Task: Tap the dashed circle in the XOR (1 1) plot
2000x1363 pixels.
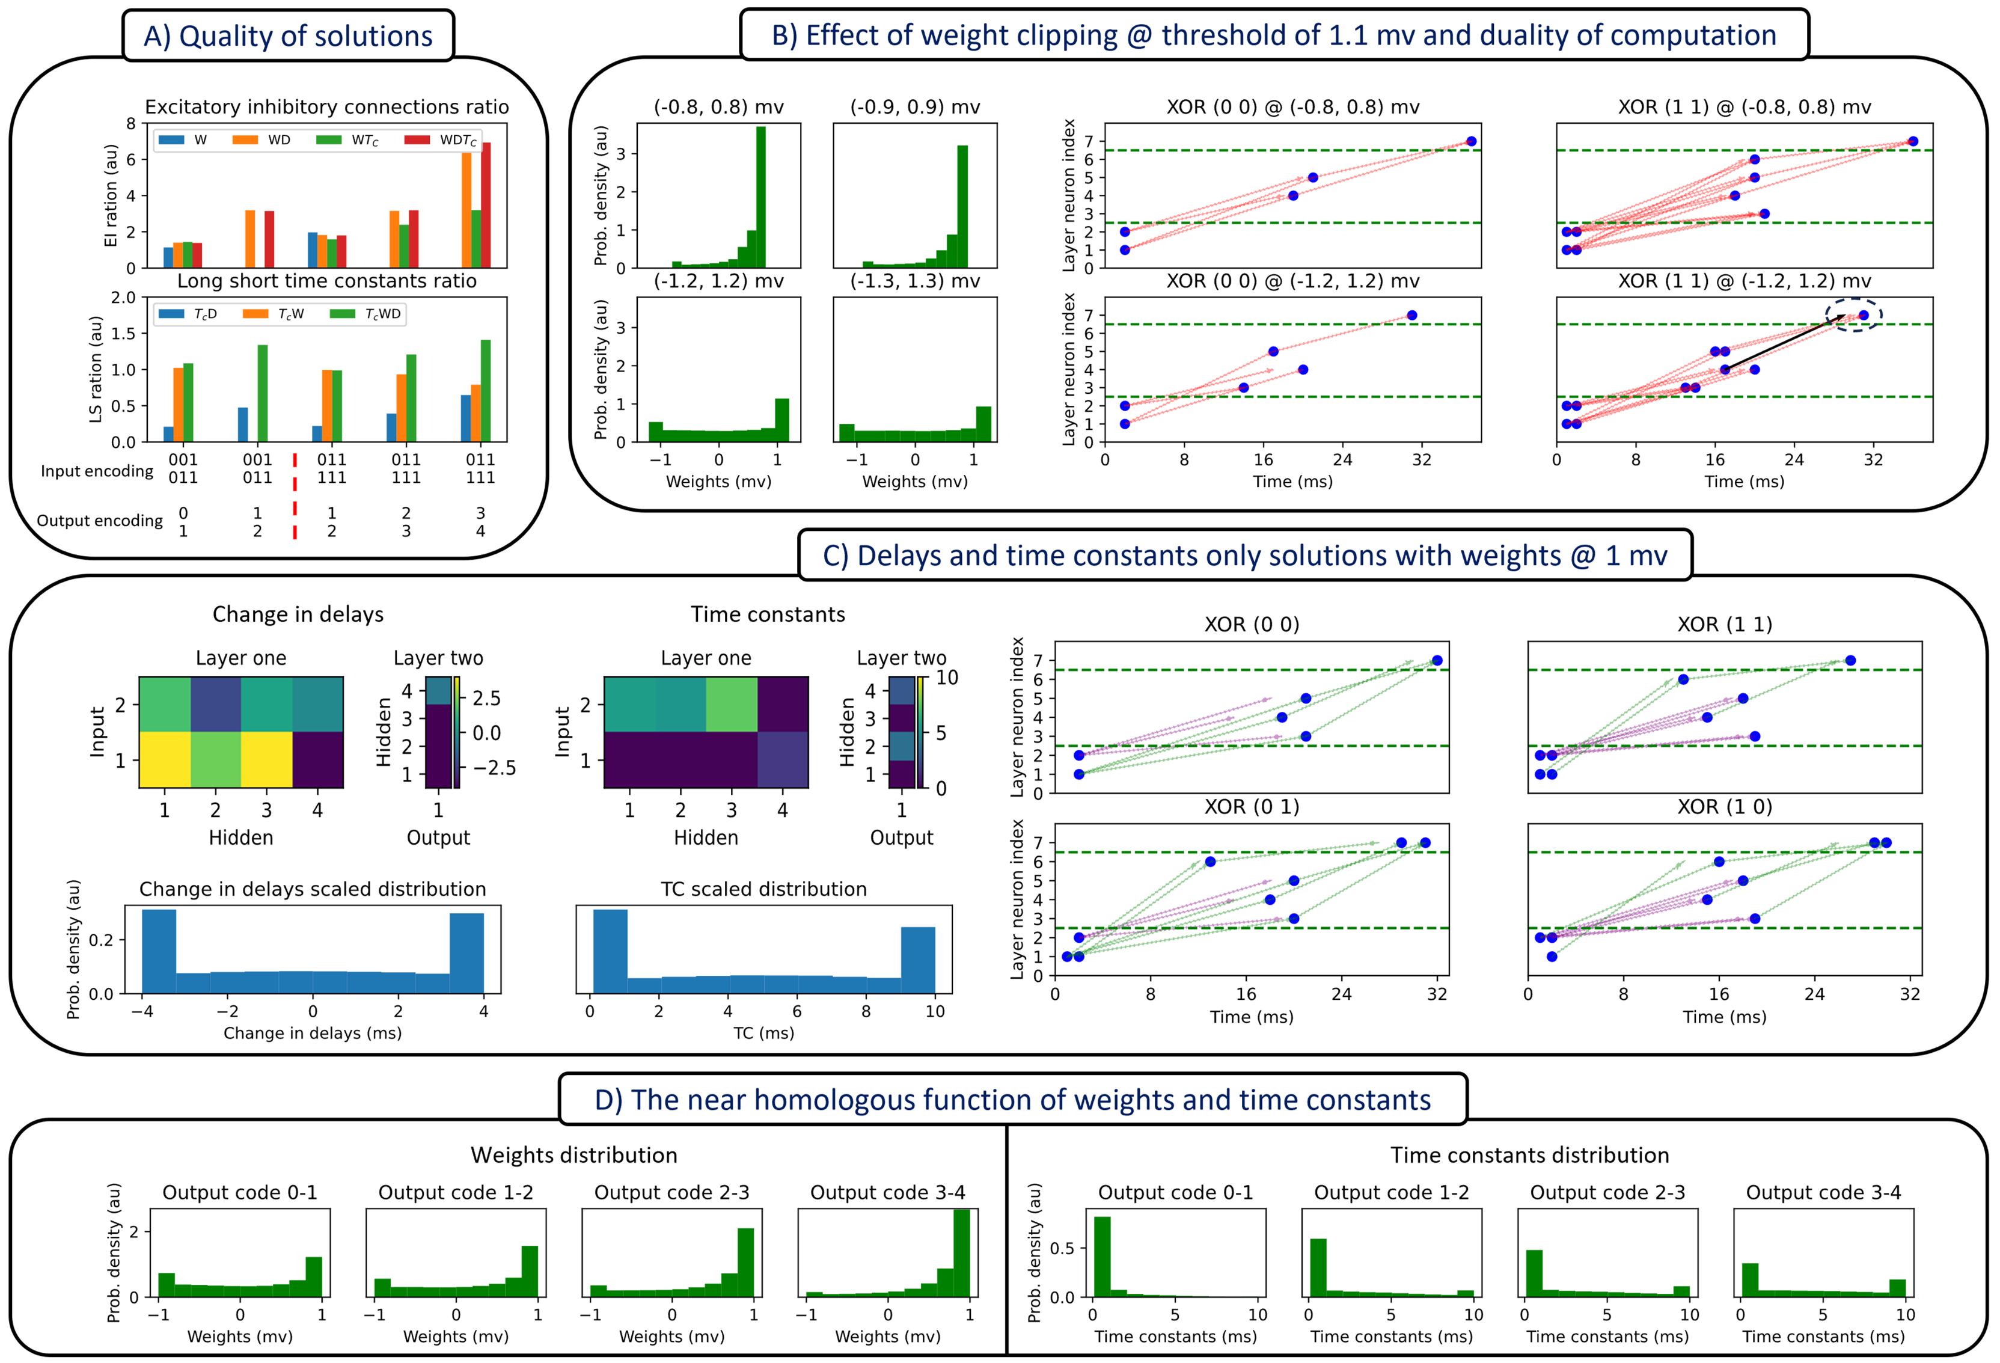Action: pos(1855,315)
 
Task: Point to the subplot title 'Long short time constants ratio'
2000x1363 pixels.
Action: pos(326,281)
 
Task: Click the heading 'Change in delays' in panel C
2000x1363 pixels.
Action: pos(298,614)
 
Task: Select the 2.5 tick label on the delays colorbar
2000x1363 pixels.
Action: pos(487,698)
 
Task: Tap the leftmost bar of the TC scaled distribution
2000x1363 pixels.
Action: pos(610,951)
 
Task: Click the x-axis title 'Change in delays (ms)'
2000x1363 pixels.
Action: pos(313,1032)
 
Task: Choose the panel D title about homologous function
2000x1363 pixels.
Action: pos(1012,1100)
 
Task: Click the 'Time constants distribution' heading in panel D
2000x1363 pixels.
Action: pos(1529,1155)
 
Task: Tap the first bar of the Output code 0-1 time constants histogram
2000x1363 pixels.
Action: pos(1101,1257)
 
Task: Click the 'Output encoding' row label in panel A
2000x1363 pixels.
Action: pos(99,521)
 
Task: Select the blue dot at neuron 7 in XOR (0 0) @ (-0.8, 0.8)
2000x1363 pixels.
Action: pos(1471,141)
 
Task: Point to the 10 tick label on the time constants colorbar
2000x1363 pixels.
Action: pos(947,678)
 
